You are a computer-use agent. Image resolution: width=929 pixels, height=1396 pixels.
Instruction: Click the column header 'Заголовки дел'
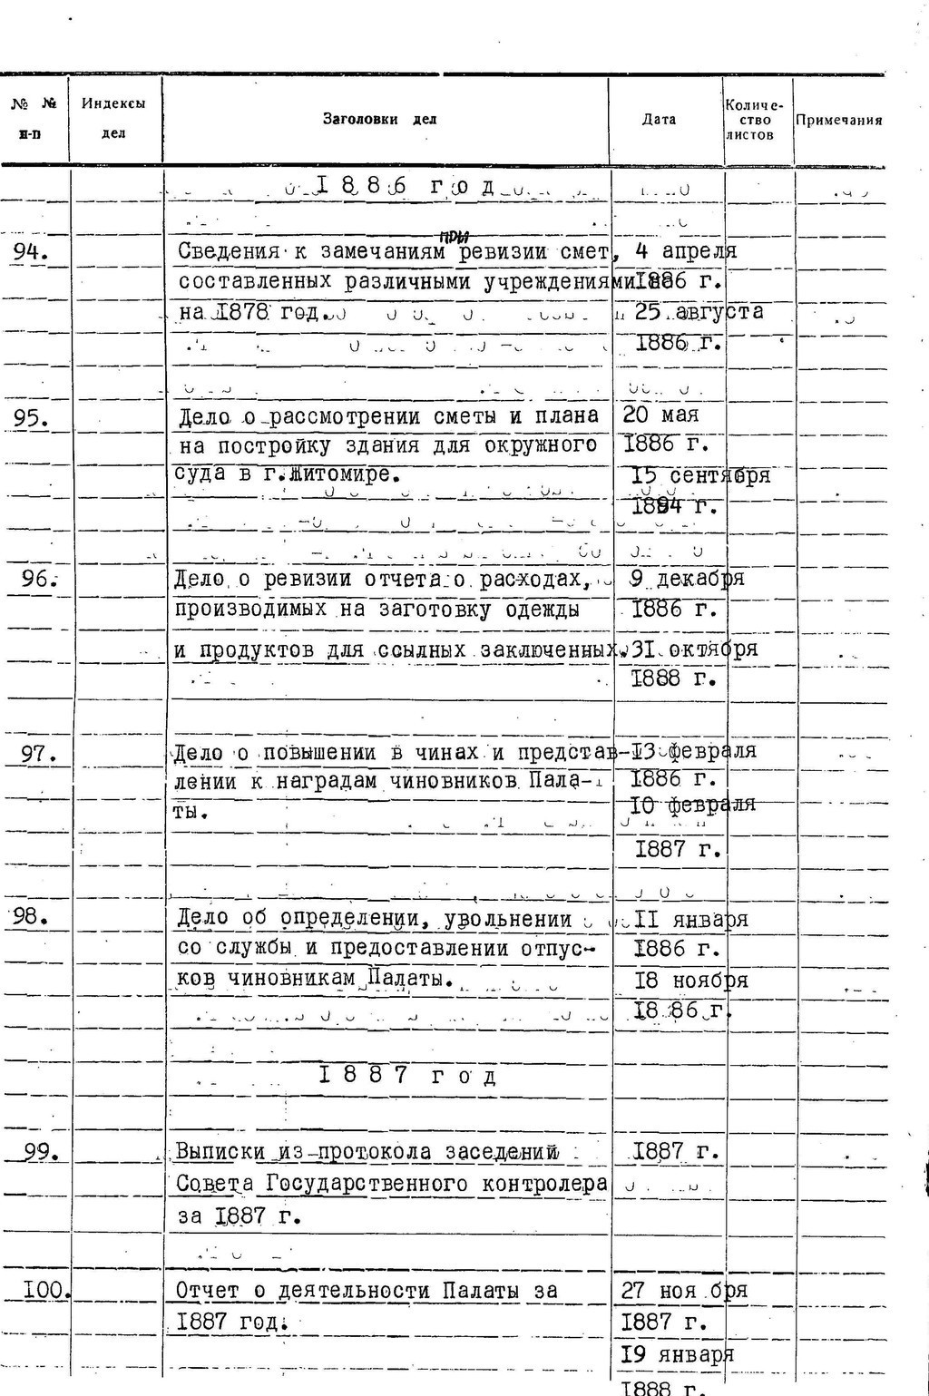tap(379, 120)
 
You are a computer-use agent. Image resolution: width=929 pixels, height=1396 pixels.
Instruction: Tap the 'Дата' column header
tap(659, 120)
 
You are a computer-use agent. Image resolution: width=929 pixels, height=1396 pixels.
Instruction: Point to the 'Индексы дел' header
tap(114, 119)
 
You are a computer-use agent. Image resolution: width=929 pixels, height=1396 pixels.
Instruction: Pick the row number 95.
tap(32, 417)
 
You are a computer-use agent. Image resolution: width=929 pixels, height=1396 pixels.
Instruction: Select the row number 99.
tap(42, 1152)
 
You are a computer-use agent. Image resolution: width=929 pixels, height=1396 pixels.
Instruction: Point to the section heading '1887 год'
tap(407, 1077)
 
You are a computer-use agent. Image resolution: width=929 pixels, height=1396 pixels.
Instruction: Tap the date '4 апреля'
tap(686, 251)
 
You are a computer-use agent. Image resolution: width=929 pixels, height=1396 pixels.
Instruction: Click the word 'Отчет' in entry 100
tap(208, 1291)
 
